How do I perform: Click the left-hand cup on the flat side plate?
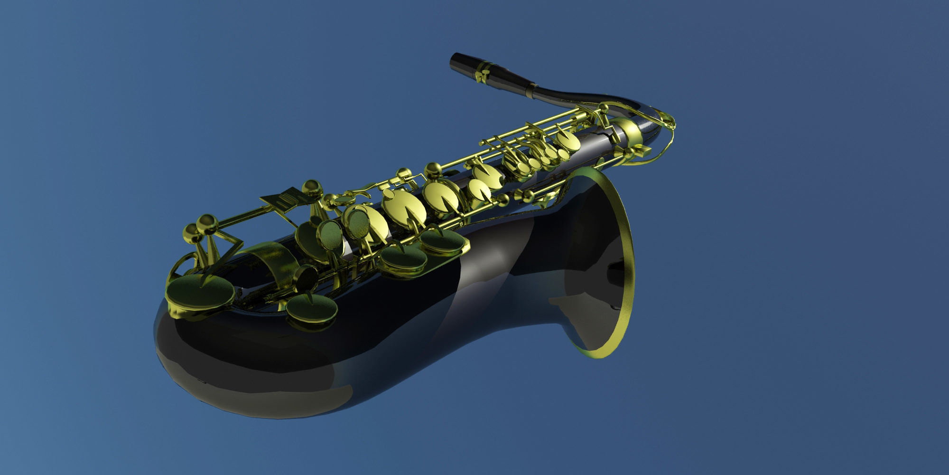coord(403,259)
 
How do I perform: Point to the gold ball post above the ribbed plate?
coord(311,188)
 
